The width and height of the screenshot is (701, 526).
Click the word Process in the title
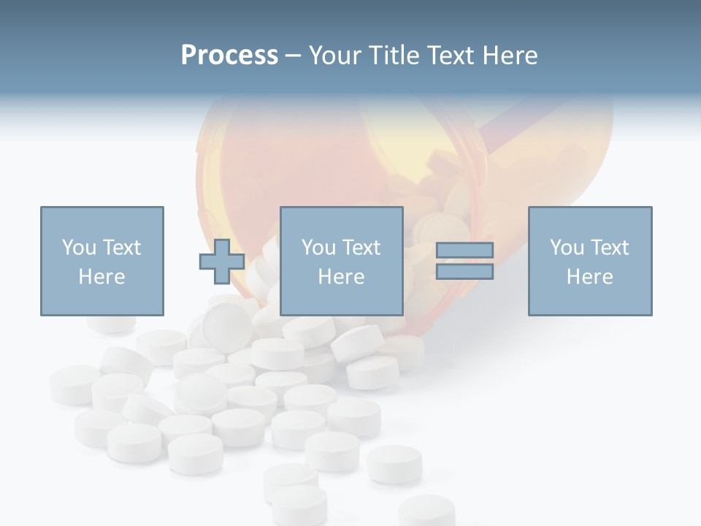click(x=229, y=56)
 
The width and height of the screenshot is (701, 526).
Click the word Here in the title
click(x=512, y=56)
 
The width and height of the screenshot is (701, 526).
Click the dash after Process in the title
click(x=293, y=57)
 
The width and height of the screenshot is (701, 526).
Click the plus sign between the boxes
click(x=222, y=262)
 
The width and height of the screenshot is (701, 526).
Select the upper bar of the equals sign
click(x=464, y=251)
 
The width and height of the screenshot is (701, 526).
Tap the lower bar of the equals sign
click(x=464, y=272)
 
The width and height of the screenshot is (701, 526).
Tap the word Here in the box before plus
click(x=101, y=277)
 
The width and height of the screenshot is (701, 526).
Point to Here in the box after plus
click(x=342, y=277)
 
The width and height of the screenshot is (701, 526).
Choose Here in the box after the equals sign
click(x=590, y=277)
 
